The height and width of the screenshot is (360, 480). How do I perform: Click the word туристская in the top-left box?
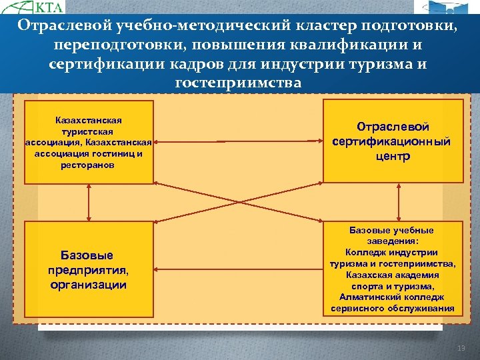click(x=89, y=131)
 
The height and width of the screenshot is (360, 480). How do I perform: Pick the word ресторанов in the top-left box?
click(x=89, y=163)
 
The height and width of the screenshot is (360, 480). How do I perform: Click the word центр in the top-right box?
click(x=393, y=157)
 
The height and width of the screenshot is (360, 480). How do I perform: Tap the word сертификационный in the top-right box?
click(x=393, y=141)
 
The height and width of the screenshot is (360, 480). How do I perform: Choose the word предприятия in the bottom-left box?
click(x=87, y=270)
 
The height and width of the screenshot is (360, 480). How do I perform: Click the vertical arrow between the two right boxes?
click(x=393, y=202)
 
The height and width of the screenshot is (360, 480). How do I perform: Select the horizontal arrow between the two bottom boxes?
click(x=239, y=270)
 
